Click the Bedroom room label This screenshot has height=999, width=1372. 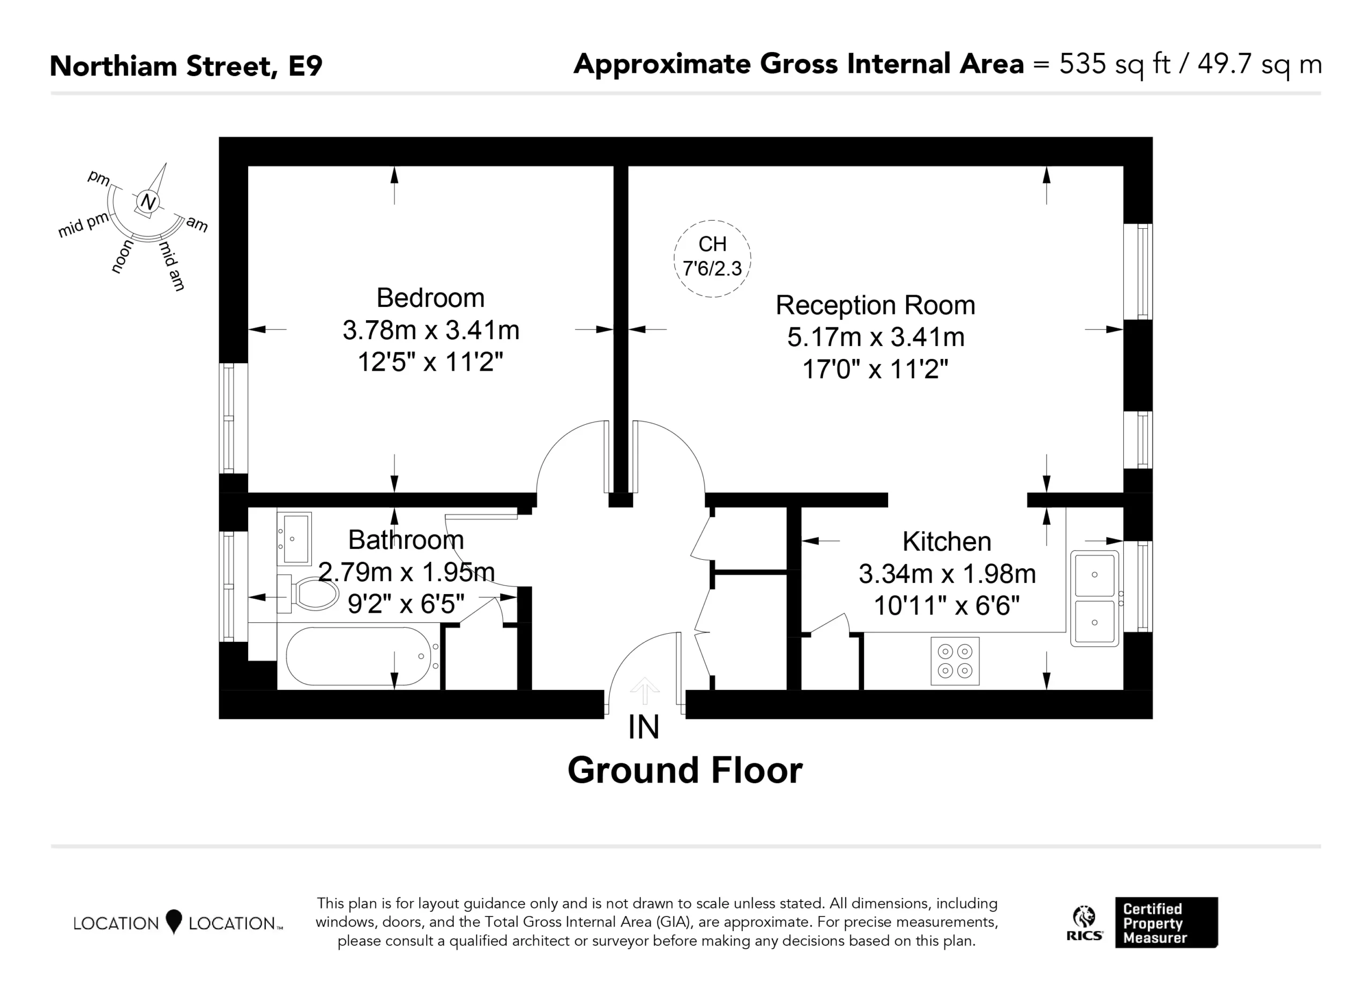coord(430,298)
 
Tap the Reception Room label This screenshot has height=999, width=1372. coord(875,305)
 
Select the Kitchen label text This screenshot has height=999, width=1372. coord(946,542)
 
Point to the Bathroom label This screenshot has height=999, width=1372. coord(406,540)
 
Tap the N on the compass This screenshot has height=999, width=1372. coord(147,201)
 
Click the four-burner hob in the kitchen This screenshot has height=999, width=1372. coord(955,661)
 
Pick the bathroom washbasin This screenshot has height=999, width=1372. coord(295,539)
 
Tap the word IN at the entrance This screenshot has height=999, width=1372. coord(644,727)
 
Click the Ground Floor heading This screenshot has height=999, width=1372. coord(685,770)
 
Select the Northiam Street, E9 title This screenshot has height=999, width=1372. coord(186,66)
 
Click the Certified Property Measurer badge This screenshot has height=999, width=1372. coord(1166,923)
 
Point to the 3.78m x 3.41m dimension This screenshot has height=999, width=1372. coord(431,330)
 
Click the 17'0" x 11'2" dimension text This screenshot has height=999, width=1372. coord(875,369)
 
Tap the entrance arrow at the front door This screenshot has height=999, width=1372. coord(644,690)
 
